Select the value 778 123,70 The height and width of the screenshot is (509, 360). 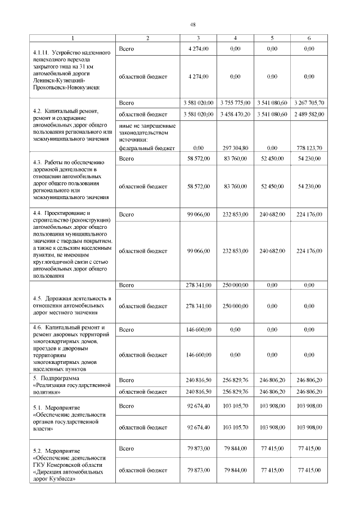[309, 148]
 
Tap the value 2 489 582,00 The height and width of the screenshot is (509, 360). [309, 114]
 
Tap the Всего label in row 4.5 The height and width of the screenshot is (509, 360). [127, 285]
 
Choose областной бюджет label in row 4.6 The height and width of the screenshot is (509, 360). [143, 355]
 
